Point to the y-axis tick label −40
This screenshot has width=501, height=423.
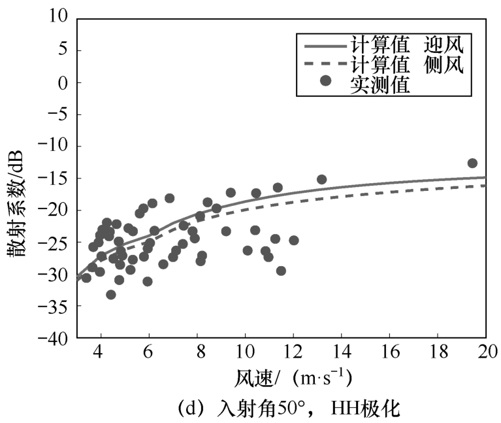(54, 339)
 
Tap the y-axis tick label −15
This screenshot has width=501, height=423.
(54, 178)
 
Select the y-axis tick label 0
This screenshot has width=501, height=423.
(63, 82)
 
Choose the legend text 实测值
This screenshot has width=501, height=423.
(380, 85)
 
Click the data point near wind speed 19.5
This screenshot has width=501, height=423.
(472, 163)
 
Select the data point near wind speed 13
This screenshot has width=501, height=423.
(321, 179)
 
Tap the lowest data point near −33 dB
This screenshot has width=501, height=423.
(111, 295)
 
